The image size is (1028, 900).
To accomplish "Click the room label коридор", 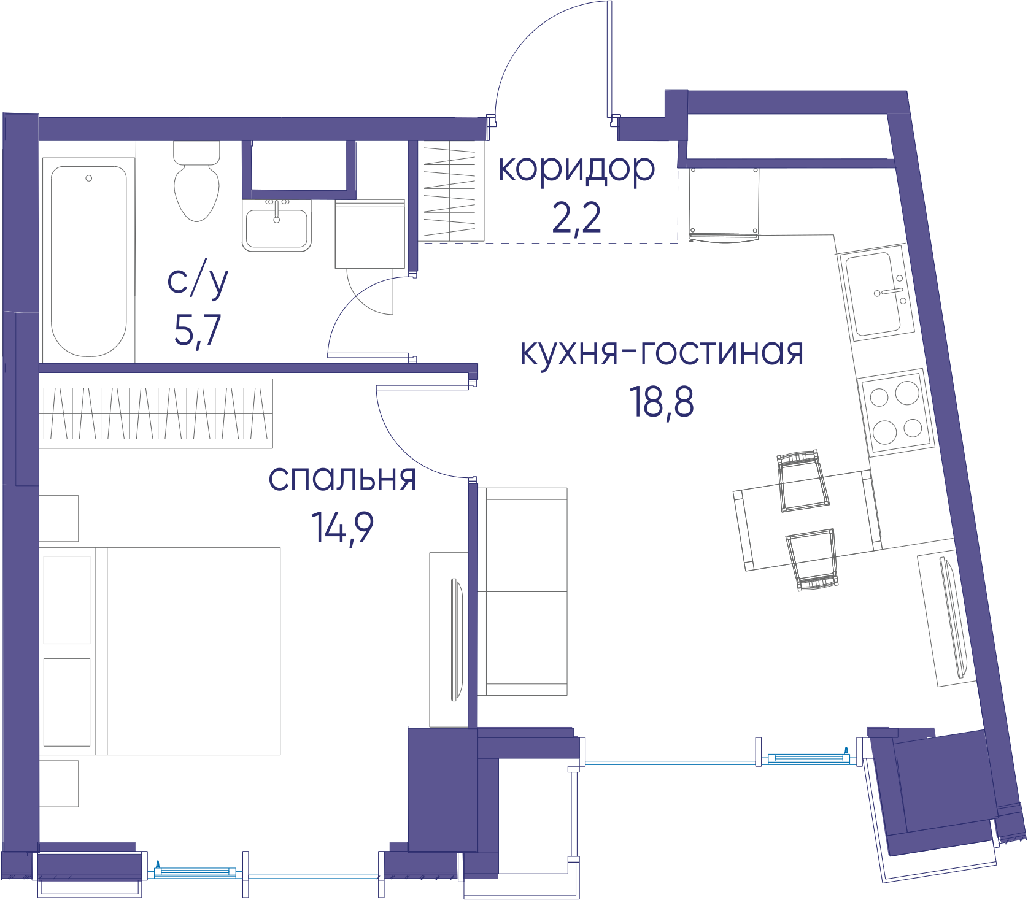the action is tap(576, 169).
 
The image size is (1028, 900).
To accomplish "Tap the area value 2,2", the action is tap(576, 218).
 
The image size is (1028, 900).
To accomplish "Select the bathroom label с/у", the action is tap(198, 281).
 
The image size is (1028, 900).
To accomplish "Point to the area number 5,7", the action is tap(198, 331).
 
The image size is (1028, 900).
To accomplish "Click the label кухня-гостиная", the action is tap(662, 352).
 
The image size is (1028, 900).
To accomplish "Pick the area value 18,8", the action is tap(662, 402).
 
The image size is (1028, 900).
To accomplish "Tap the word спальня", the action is tap(342, 479).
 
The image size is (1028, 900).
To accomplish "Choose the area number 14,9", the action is tap(342, 528).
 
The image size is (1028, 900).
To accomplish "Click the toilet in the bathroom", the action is tap(197, 181).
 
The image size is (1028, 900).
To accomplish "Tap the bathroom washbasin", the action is tap(277, 226).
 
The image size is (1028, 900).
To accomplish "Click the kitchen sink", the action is tap(877, 293).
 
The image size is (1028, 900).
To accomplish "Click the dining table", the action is tap(808, 520).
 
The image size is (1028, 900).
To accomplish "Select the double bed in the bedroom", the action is tap(161, 651).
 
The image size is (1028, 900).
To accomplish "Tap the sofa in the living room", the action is tap(522, 591).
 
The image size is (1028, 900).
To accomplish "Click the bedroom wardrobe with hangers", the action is tap(156, 413).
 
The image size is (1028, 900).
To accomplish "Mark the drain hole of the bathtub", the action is tap(89, 178).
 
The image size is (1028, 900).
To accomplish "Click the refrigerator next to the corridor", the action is tap(724, 204).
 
